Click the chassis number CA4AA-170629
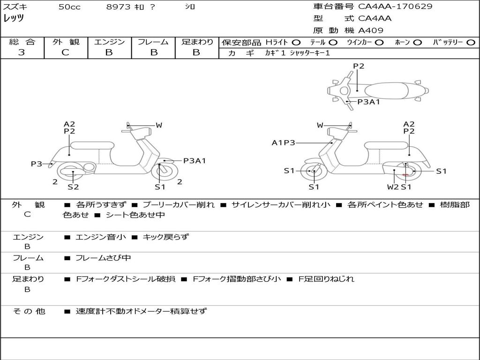(x=395, y=7)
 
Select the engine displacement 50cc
(x=69, y=7)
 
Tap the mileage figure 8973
(x=119, y=7)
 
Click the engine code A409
(x=371, y=30)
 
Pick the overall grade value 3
(x=22, y=52)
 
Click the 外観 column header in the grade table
(x=66, y=42)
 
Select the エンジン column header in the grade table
(x=109, y=42)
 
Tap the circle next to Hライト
(x=296, y=42)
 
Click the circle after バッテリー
(x=471, y=42)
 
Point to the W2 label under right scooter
(x=393, y=187)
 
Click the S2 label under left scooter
(x=73, y=187)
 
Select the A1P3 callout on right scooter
(x=284, y=142)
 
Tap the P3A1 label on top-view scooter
(x=368, y=102)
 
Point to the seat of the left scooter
(x=92, y=145)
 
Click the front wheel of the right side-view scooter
(x=314, y=172)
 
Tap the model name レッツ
(x=14, y=19)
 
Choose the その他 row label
(x=29, y=311)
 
